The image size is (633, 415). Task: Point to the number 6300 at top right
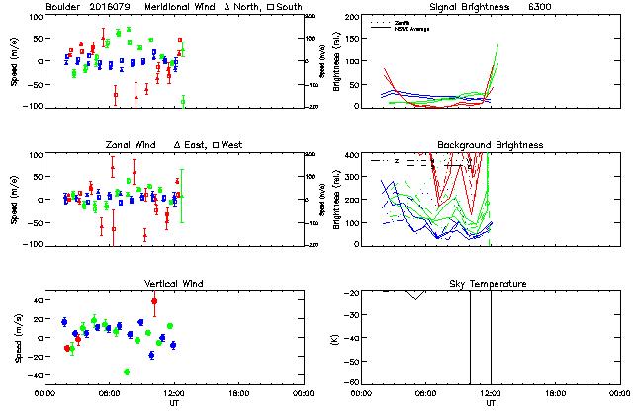click(542, 7)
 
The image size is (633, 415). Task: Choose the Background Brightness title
click(491, 145)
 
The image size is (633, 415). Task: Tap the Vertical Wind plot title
click(173, 284)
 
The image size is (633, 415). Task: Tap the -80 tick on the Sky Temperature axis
click(350, 381)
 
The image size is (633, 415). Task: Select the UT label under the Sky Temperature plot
click(491, 403)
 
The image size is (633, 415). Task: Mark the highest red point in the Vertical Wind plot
click(154, 300)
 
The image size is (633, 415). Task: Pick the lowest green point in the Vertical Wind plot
click(127, 372)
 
